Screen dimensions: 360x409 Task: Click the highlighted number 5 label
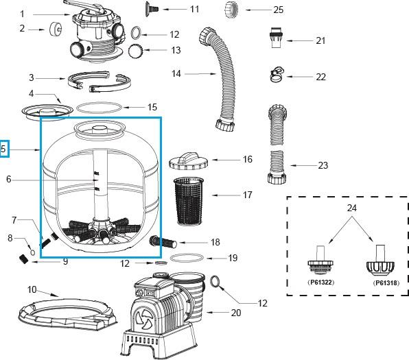(5, 147)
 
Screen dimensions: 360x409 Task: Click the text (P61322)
(318, 282)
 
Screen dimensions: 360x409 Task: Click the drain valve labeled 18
(164, 242)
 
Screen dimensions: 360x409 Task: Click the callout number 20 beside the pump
(236, 313)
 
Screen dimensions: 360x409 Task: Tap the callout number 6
(9, 180)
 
